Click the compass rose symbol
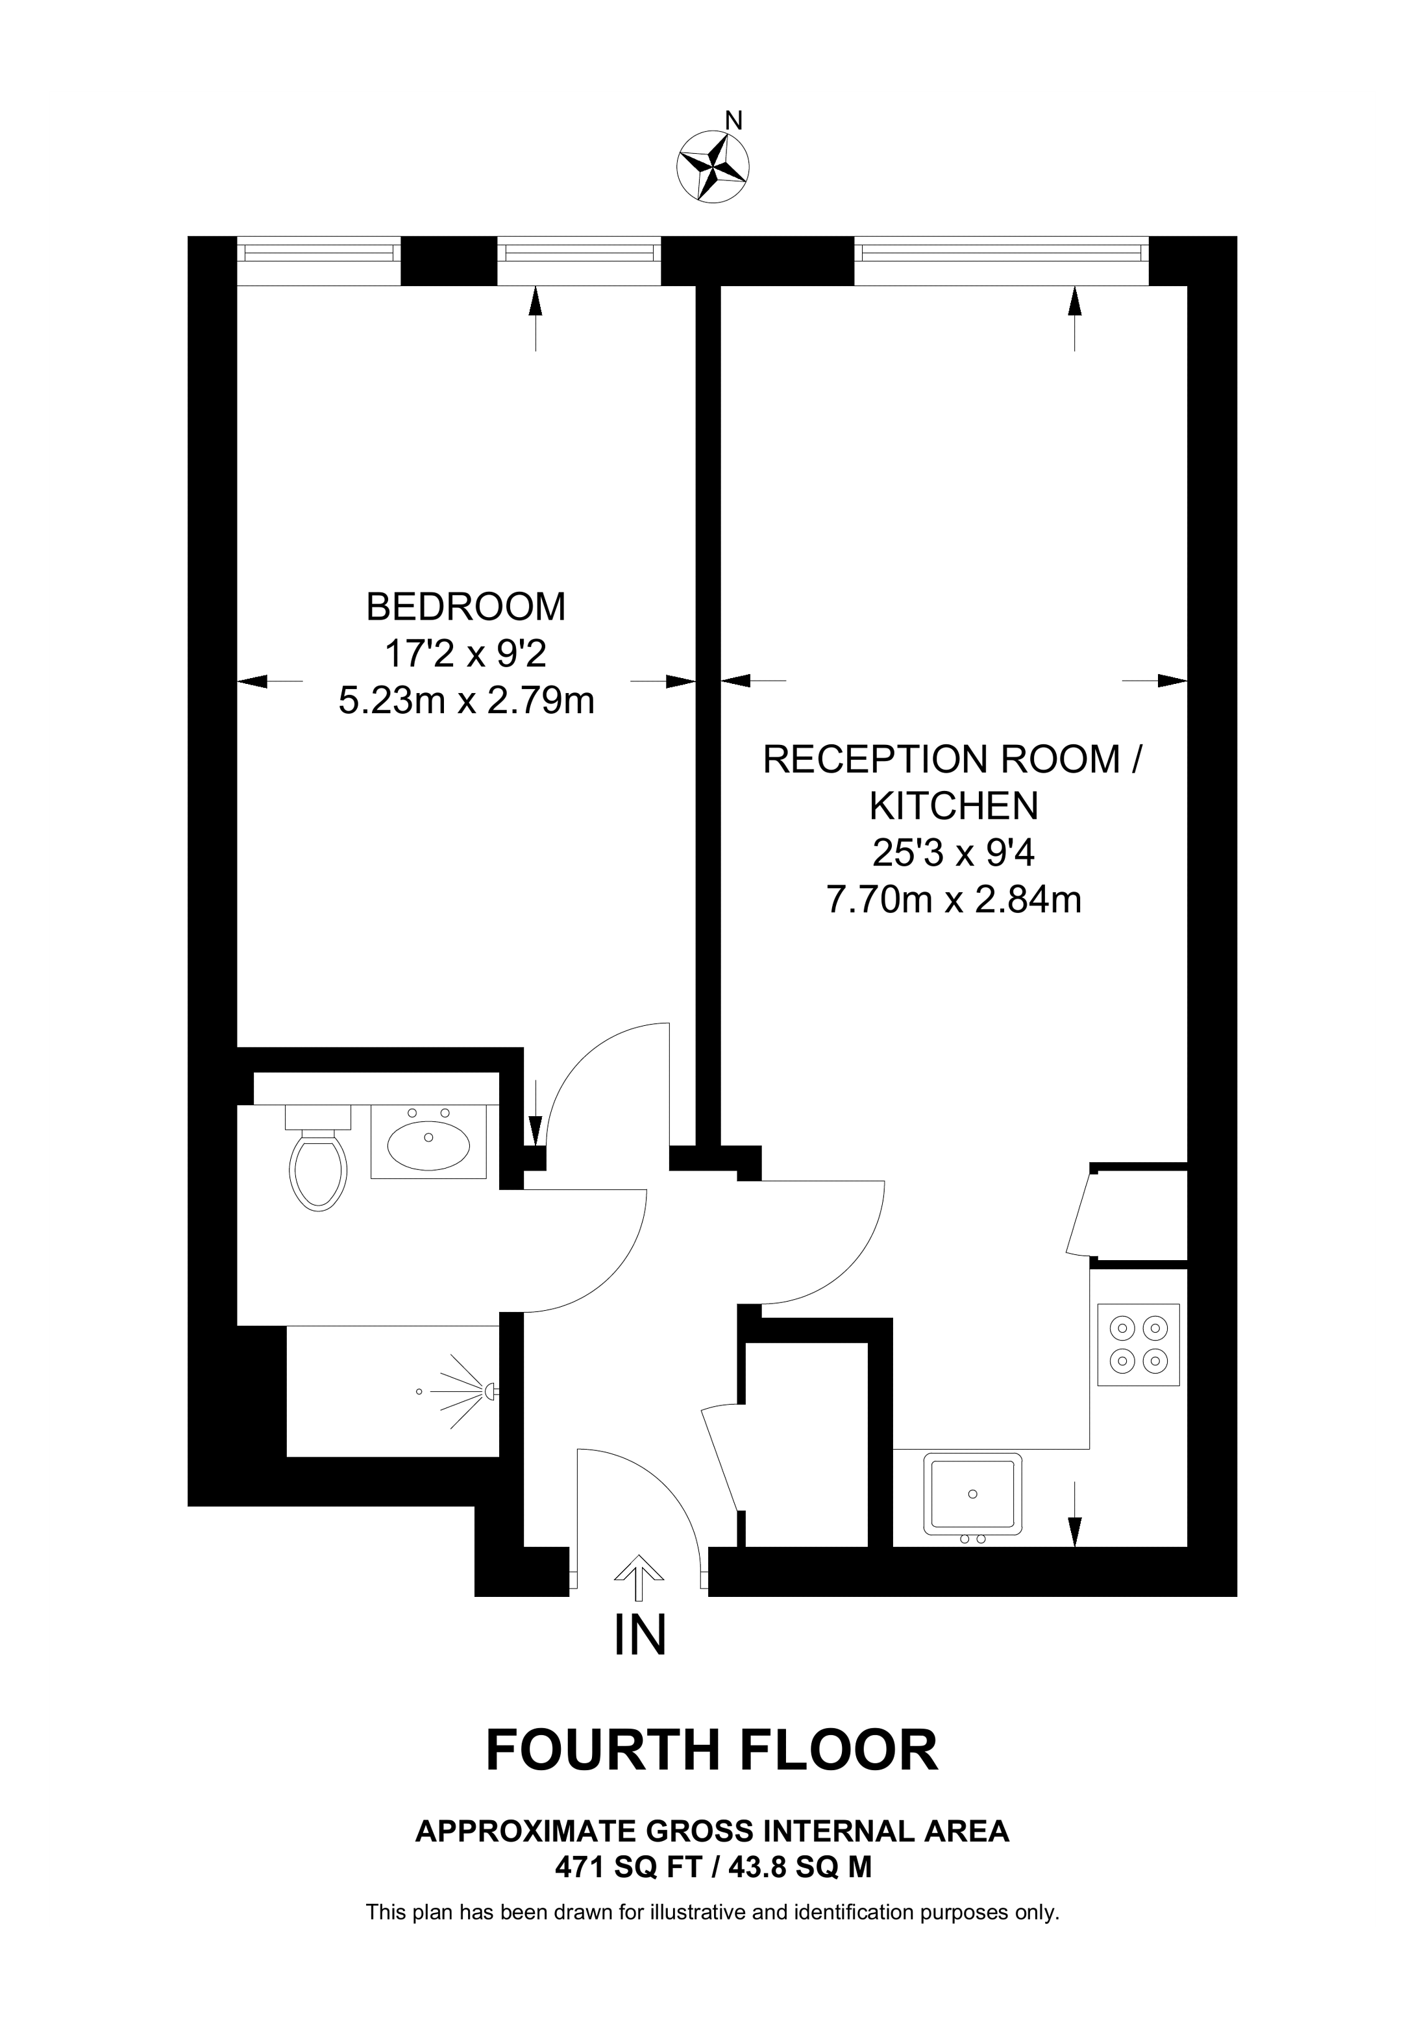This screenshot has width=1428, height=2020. point(713,168)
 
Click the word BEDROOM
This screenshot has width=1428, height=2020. point(466,607)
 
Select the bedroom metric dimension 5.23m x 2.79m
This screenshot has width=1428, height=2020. point(466,701)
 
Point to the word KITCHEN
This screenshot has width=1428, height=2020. point(954,805)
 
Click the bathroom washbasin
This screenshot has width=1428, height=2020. point(428,1141)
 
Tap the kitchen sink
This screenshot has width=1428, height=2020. point(973,1496)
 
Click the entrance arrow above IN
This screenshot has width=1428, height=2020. point(639,1580)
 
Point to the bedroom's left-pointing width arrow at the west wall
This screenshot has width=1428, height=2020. point(270,681)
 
